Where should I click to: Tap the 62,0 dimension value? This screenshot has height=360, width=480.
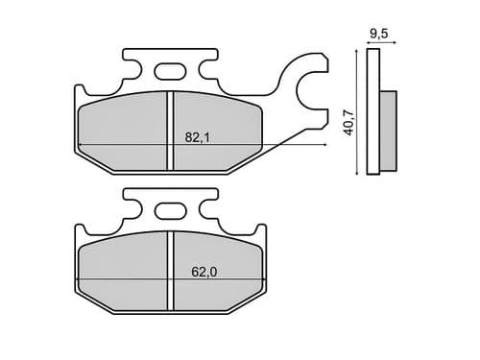[x=203, y=272]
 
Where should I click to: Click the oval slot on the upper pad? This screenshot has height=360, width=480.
[x=170, y=70]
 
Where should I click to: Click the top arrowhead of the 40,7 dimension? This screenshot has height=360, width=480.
[x=358, y=53]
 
